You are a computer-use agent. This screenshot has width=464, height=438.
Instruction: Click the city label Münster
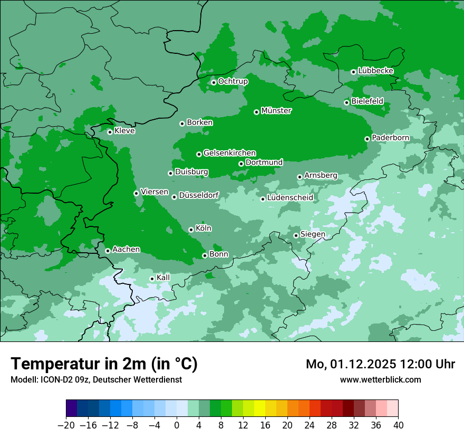tap(276, 111)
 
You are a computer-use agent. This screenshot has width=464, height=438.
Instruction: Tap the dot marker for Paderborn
tap(367, 139)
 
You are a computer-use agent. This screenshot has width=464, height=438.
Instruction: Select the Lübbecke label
tap(375, 71)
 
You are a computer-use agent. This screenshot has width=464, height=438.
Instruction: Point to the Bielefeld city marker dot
tap(346, 102)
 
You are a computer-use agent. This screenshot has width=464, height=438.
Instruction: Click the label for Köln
tap(203, 228)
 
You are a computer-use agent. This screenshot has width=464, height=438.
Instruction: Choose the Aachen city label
tap(126, 249)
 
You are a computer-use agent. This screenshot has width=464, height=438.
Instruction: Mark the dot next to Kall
tap(152, 279)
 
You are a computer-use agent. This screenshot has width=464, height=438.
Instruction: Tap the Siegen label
tap(313, 234)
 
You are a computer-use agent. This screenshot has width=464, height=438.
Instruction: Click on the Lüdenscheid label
tap(290, 198)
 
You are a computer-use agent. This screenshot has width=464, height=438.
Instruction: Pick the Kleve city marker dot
tap(110, 132)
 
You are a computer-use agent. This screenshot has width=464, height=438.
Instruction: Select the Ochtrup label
tap(233, 81)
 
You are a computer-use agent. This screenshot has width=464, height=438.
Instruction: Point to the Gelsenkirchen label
tap(229, 153)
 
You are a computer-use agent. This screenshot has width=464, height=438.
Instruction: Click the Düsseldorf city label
tap(199, 196)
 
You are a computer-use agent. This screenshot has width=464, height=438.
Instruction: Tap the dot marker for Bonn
tap(205, 255)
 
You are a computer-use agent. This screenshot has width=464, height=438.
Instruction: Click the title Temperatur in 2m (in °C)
tap(104, 364)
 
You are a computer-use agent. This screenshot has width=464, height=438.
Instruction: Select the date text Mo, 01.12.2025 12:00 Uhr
tap(380, 364)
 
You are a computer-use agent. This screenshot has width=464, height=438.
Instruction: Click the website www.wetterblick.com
tap(380, 380)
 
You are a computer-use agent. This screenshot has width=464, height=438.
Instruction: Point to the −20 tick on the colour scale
tap(66, 425)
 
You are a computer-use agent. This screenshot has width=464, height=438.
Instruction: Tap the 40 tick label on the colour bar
tap(398, 425)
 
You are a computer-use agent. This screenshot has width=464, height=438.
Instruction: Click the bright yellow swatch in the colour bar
tap(259, 408)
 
